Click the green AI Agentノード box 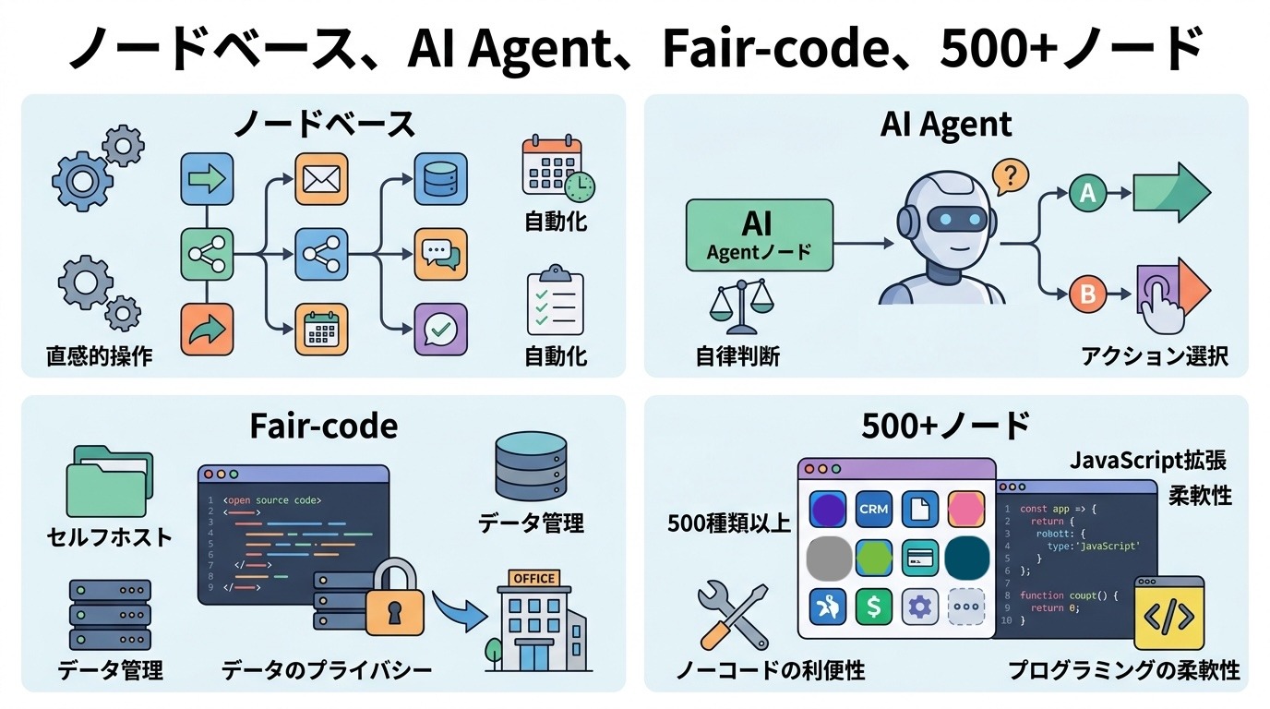point(760,234)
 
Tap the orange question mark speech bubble point(1010,177)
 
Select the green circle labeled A point(1087,193)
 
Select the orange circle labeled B point(1087,294)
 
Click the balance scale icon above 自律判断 point(741,306)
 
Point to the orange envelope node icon point(321,179)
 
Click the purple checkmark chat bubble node point(440,329)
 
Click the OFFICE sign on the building point(534,578)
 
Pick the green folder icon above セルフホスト point(110,482)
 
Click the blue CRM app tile point(873,509)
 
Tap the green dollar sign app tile point(873,607)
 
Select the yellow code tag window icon point(1169,613)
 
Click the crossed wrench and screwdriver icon point(733,617)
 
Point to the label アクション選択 point(1155,356)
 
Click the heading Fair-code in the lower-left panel point(324,427)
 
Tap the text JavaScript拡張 point(1148,461)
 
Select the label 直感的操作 point(100,356)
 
